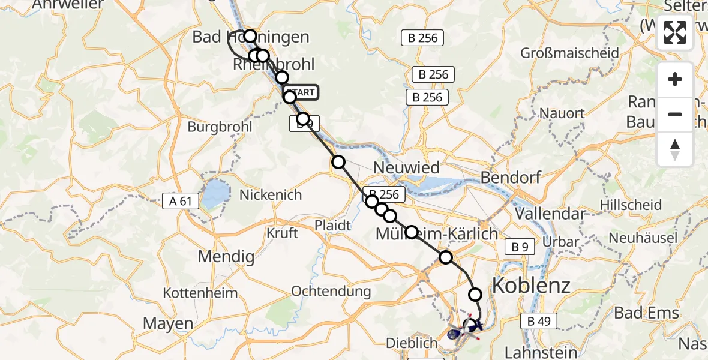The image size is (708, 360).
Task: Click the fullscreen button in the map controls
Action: [x=675, y=32]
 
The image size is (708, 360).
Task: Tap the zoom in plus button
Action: [x=675, y=79]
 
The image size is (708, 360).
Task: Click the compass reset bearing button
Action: [x=675, y=149]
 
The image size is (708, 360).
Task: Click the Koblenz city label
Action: [x=531, y=285]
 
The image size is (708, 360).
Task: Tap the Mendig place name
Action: [x=226, y=257]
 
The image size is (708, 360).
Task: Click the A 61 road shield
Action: [x=181, y=201]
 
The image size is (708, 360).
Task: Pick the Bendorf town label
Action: [x=511, y=178]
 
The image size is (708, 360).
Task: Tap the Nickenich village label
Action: [x=271, y=195]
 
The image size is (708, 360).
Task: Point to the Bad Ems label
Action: [x=647, y=313]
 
